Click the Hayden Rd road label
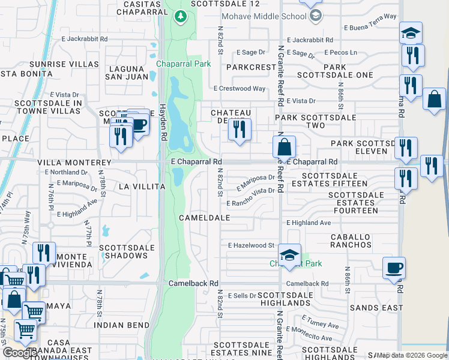coord(163,121)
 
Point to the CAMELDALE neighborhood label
coord(204,217)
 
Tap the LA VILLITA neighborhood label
coord(142,187)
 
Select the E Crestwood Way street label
coord(240,88)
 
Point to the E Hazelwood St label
coord(251,245)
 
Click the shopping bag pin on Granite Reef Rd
coord(284,146)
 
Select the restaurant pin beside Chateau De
coord(240,130)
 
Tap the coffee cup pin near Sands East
coord(394,268)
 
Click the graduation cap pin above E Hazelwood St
coord(289,256)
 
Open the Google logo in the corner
coord(20,353)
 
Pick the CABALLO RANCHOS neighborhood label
coord(351,241)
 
